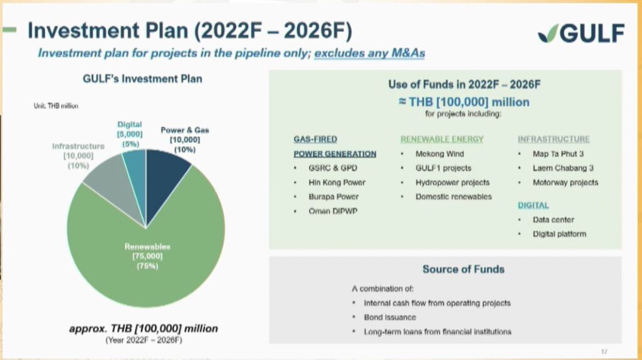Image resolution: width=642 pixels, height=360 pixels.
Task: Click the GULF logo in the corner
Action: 581,33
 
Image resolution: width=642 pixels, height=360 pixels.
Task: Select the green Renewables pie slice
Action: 147,262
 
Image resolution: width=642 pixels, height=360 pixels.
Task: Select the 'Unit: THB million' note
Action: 56,105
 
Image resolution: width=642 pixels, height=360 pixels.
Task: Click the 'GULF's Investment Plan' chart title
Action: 142,78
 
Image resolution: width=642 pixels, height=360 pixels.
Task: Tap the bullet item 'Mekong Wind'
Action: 439,154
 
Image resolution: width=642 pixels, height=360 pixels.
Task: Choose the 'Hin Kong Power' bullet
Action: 337,183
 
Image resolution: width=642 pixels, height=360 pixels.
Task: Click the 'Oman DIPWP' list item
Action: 333,211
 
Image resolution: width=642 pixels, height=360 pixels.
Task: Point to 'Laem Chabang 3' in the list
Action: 563,168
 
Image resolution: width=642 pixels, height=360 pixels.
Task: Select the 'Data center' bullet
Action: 553,220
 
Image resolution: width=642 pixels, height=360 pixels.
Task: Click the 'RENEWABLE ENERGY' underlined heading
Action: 442,139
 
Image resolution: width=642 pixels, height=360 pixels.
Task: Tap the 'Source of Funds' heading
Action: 463,269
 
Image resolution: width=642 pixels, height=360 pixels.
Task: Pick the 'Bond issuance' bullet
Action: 390,317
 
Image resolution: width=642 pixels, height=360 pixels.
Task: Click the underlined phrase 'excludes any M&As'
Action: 369,53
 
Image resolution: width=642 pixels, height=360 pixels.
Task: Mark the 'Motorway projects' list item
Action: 566,183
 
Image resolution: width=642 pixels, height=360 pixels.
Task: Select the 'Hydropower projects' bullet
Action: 453,183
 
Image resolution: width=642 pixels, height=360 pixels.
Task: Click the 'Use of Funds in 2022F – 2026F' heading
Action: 465,85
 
